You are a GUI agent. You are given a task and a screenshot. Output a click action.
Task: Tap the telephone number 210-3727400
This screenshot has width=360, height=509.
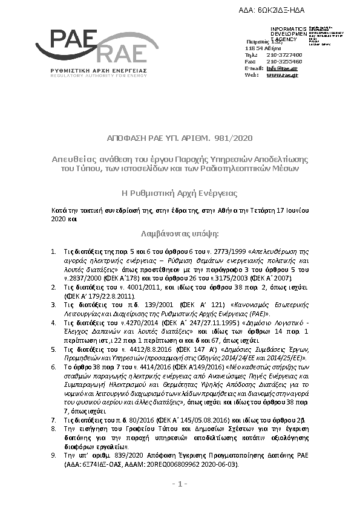click(x=284, y=54)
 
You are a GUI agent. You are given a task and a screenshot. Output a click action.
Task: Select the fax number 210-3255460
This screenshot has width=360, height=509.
click(x=284, y=61)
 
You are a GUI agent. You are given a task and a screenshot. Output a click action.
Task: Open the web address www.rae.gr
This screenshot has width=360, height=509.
click(x=282, y=74)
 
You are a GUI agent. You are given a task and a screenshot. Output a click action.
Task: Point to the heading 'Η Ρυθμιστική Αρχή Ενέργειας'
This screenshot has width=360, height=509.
click(x=180, y=193)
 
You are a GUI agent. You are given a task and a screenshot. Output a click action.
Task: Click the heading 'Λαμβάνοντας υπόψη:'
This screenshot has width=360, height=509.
click(x=180, y=233)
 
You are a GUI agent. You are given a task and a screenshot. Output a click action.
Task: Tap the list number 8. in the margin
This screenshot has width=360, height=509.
click(x=53, y=427)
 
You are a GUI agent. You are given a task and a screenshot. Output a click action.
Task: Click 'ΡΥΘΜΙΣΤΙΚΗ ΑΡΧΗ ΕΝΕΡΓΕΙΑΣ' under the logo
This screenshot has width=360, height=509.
click(x=91, y=70)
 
